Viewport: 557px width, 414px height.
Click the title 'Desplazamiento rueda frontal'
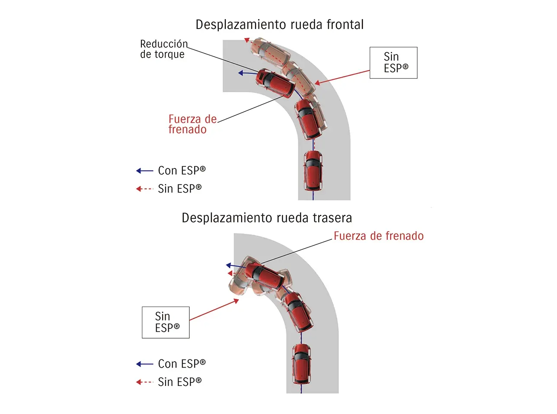(279, 25)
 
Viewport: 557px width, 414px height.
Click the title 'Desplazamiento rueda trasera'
(266, 218)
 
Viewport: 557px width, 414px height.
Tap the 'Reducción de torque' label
(163, 49)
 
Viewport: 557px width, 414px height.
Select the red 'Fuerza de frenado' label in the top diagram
(192, 124)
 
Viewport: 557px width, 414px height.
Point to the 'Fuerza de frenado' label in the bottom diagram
(378, 236)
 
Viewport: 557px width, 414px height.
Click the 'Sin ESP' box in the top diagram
(393, 63)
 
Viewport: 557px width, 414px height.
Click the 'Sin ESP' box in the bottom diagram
(166, 323)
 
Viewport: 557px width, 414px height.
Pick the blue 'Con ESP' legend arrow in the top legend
(144, 171)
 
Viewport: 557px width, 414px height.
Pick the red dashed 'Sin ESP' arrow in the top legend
(144, 189)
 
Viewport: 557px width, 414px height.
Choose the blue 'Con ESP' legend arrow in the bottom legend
(144, 364)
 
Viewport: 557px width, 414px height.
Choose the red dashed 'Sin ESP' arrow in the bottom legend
(144, 382)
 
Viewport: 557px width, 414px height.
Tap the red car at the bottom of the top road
(313, 170)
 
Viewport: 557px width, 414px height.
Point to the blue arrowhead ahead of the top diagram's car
(241, 73)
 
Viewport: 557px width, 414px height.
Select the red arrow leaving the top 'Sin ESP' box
(342, 77)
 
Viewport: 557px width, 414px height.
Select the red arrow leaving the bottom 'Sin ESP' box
(214, 310)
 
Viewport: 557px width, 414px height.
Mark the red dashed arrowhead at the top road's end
(246, 40)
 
